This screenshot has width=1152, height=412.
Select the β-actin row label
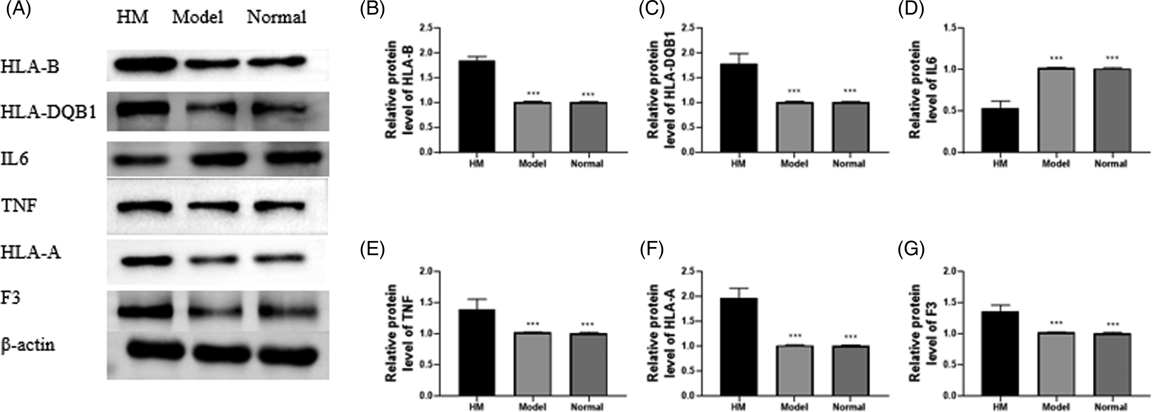point(28,345)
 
